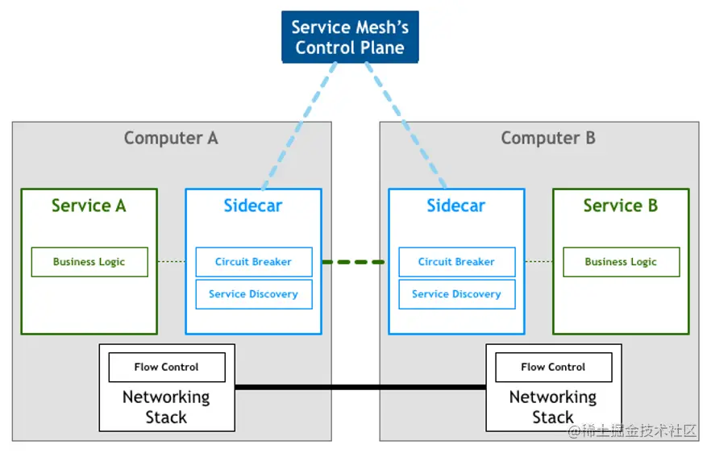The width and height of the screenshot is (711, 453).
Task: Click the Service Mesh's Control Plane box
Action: (x=350, y=37)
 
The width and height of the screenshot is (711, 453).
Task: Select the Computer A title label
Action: (x=171, y=138)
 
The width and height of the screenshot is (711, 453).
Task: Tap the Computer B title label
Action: (x=547, y=138)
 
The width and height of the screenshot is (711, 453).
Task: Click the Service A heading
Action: (x=89, y=206)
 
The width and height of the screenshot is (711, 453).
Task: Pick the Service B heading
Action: (x=621, y=206)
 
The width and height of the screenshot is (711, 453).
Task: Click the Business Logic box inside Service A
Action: (x=89, y=262)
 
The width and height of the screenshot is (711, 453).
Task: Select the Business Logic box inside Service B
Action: (x=621, y=262)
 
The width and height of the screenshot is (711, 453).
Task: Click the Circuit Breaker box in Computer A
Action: (x=253, y=262)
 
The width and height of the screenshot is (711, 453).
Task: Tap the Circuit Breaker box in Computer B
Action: (x=456, y=262)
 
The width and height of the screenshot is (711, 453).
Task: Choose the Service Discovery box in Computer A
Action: (x=253, y=294)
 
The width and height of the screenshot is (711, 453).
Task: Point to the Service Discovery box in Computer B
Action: (x=456, y=294)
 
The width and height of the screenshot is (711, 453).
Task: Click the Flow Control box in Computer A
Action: (x=167, y=367)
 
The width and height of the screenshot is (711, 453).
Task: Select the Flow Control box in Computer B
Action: (x=553, y=367)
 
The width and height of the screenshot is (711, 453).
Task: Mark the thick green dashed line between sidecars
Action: (x=355, y=262)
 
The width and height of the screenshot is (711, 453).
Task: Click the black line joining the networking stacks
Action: (x=360, y=388)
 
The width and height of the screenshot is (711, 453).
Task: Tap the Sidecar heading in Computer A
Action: (x=253, y=206)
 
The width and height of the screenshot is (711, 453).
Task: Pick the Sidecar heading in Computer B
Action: (x=456, y=206)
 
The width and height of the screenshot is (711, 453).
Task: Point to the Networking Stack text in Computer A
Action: (x=166, y=407)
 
